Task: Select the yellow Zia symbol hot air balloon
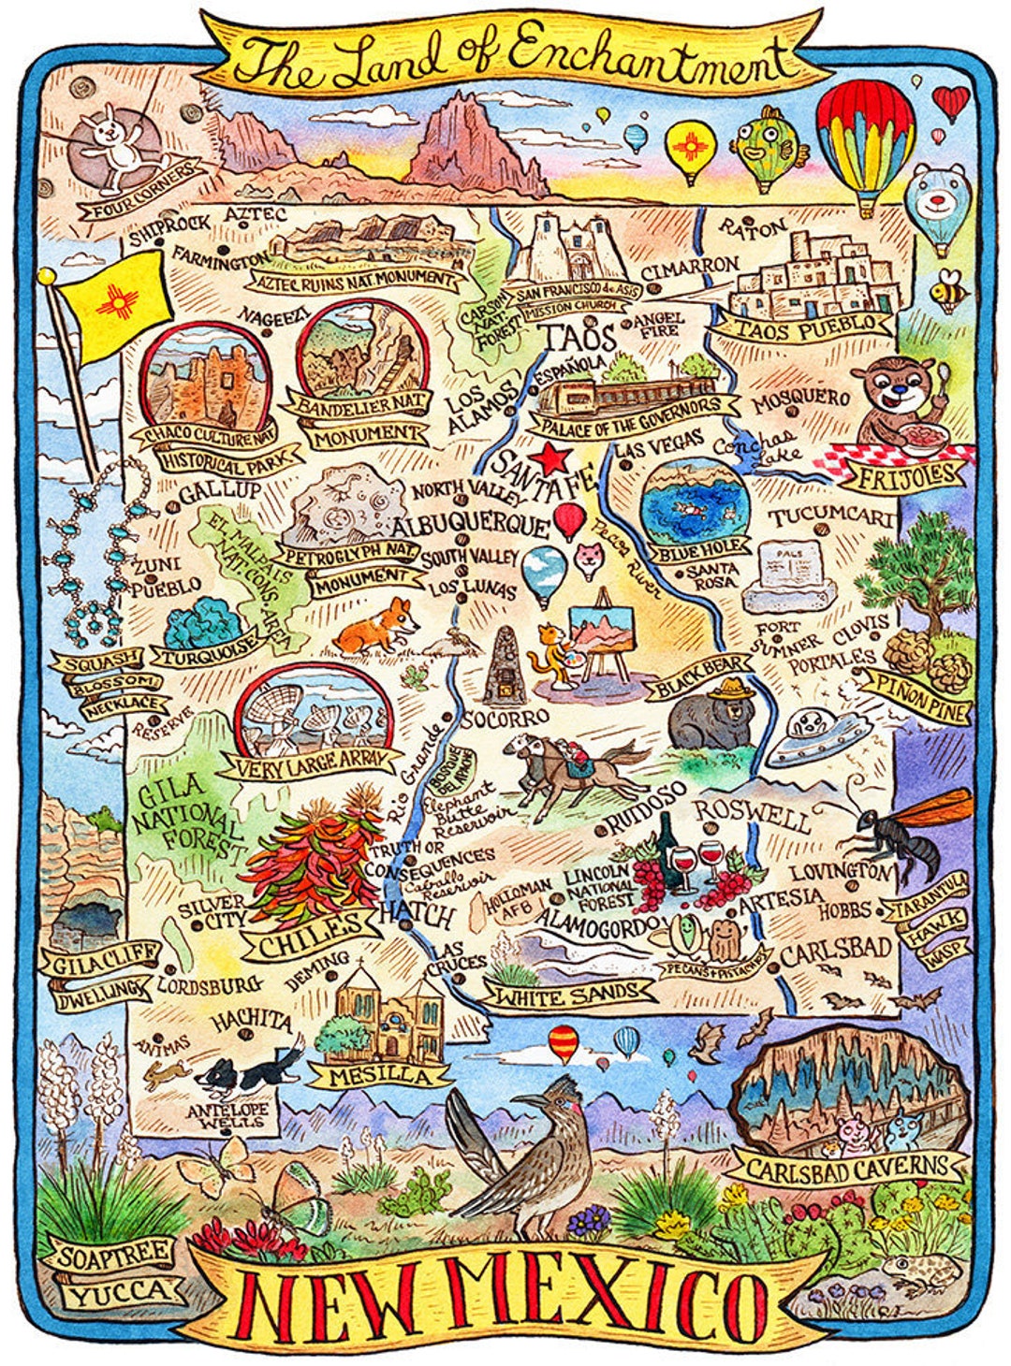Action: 690,147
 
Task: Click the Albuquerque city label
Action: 470,525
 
